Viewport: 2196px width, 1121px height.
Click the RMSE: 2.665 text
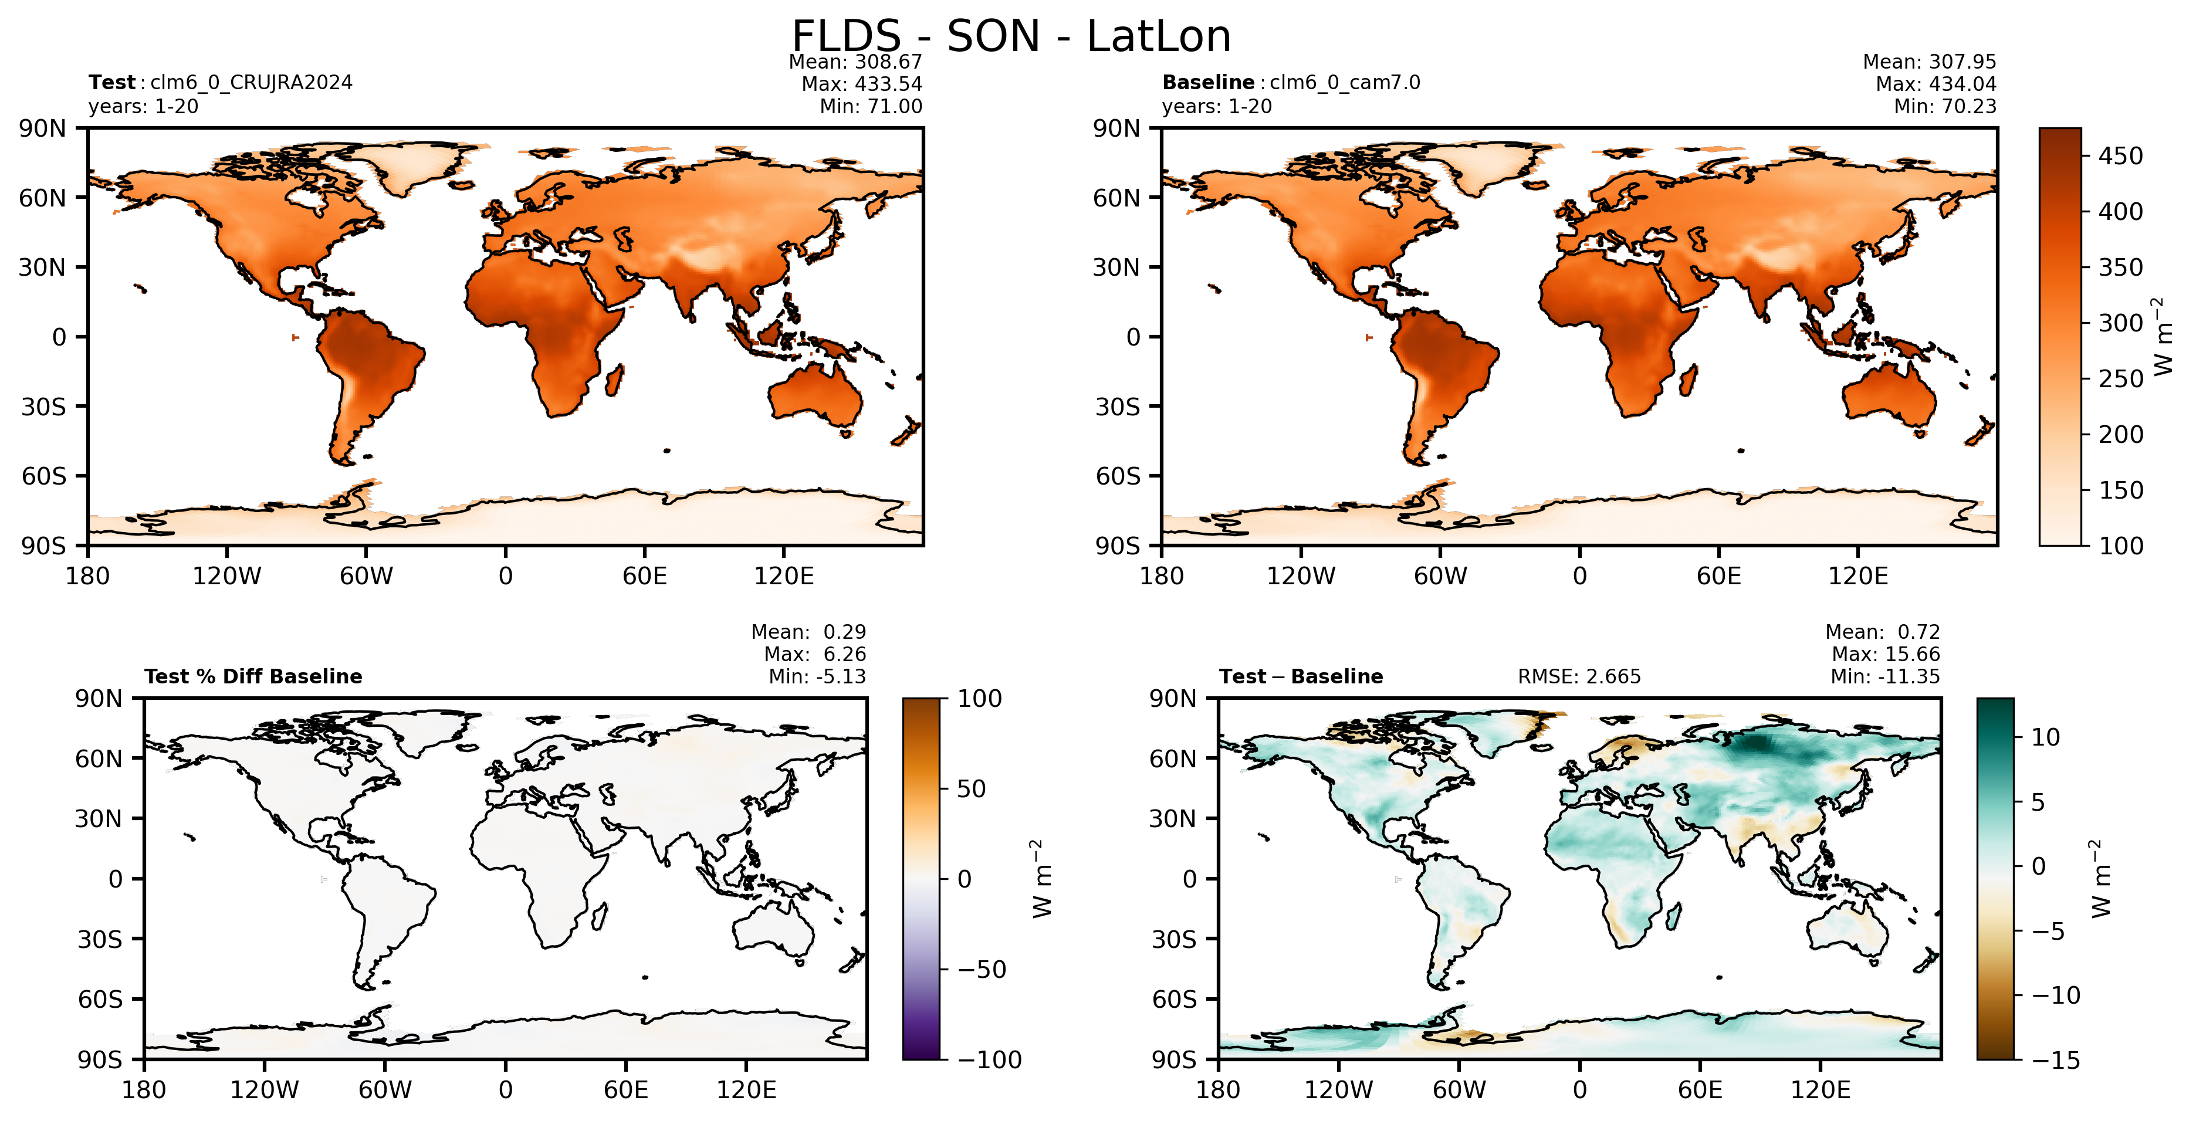(x=1579, y=677)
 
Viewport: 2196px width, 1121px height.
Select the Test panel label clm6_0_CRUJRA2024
(x=252, y=83)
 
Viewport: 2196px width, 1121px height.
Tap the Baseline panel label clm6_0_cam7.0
(x=1345, y=83)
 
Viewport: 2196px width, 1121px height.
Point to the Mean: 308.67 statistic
(x=855, y=62)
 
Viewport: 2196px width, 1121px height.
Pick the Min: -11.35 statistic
(x=1885, y=677)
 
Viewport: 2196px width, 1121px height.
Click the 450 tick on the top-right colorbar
(x=2120, y=156)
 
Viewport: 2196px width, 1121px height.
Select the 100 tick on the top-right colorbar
(x=2120, y=546)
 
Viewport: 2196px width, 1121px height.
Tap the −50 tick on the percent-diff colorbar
(x=981, y=969)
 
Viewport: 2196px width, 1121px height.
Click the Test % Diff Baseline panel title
(x=253, y=677)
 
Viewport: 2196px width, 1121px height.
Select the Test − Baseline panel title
(x=1301, y=677)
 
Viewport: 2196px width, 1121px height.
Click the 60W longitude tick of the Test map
(x=367, y=576)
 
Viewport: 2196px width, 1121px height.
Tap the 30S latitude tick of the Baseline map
(x=1118, y=407)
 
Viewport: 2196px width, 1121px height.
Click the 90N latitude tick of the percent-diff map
(x=99, y=699)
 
